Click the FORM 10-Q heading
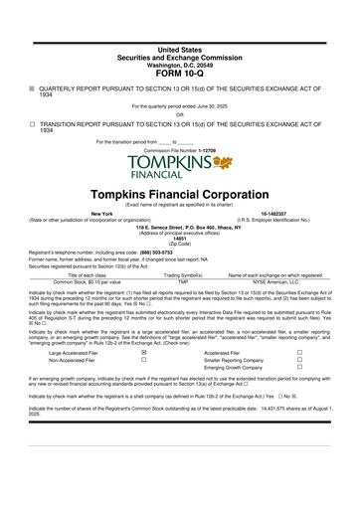click(179, 74)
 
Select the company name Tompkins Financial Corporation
click(180, 195)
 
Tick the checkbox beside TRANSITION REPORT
click(31, 124)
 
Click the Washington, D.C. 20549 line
click(179, 64)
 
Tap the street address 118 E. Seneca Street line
click(180, 226)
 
